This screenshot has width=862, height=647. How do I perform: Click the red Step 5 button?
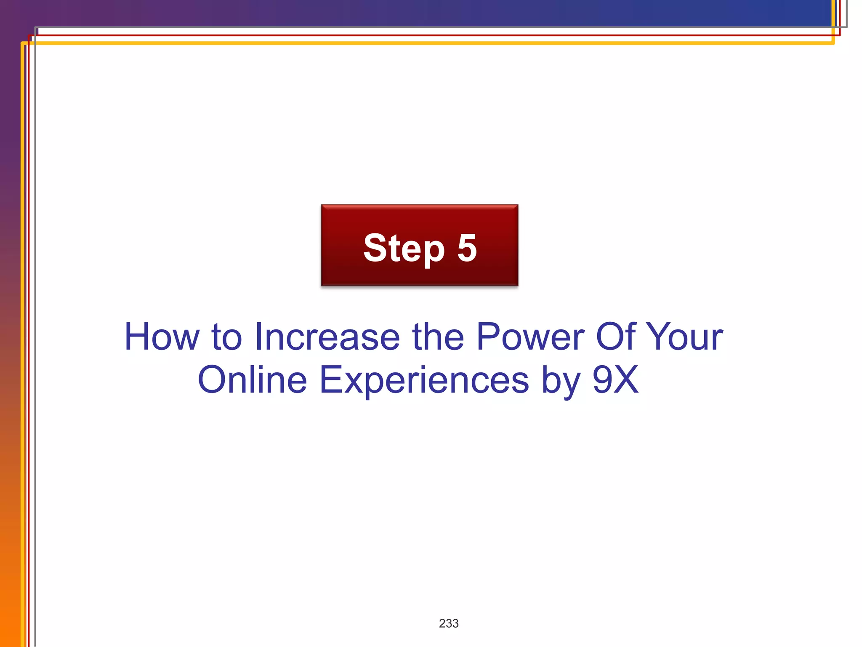pyautogui.click(x=419, y=245)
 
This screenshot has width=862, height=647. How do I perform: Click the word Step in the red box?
pyautogui.click(x=404, y=249)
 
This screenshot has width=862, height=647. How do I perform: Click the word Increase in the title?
pyautogui.click(x=327, y=337)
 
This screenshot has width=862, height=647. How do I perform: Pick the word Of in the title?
pyautogui.click(x=615, y=337)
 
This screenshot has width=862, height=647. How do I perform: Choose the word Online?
pyautogui.click(x=253, y=380)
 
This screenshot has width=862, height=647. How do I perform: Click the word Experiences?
pyautogui.click(x=424, y=380)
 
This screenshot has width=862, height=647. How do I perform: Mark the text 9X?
pyautogui.click(x=616, y=380)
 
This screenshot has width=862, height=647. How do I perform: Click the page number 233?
pyautogui.click(x=449, y=623)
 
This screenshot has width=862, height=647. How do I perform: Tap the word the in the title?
pyautogui.click(x=438, y=337)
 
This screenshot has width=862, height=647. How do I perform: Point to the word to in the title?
pyautogui.click(x=227, y=337)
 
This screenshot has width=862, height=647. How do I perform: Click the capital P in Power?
pyautogui.click(x=489, y=337)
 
